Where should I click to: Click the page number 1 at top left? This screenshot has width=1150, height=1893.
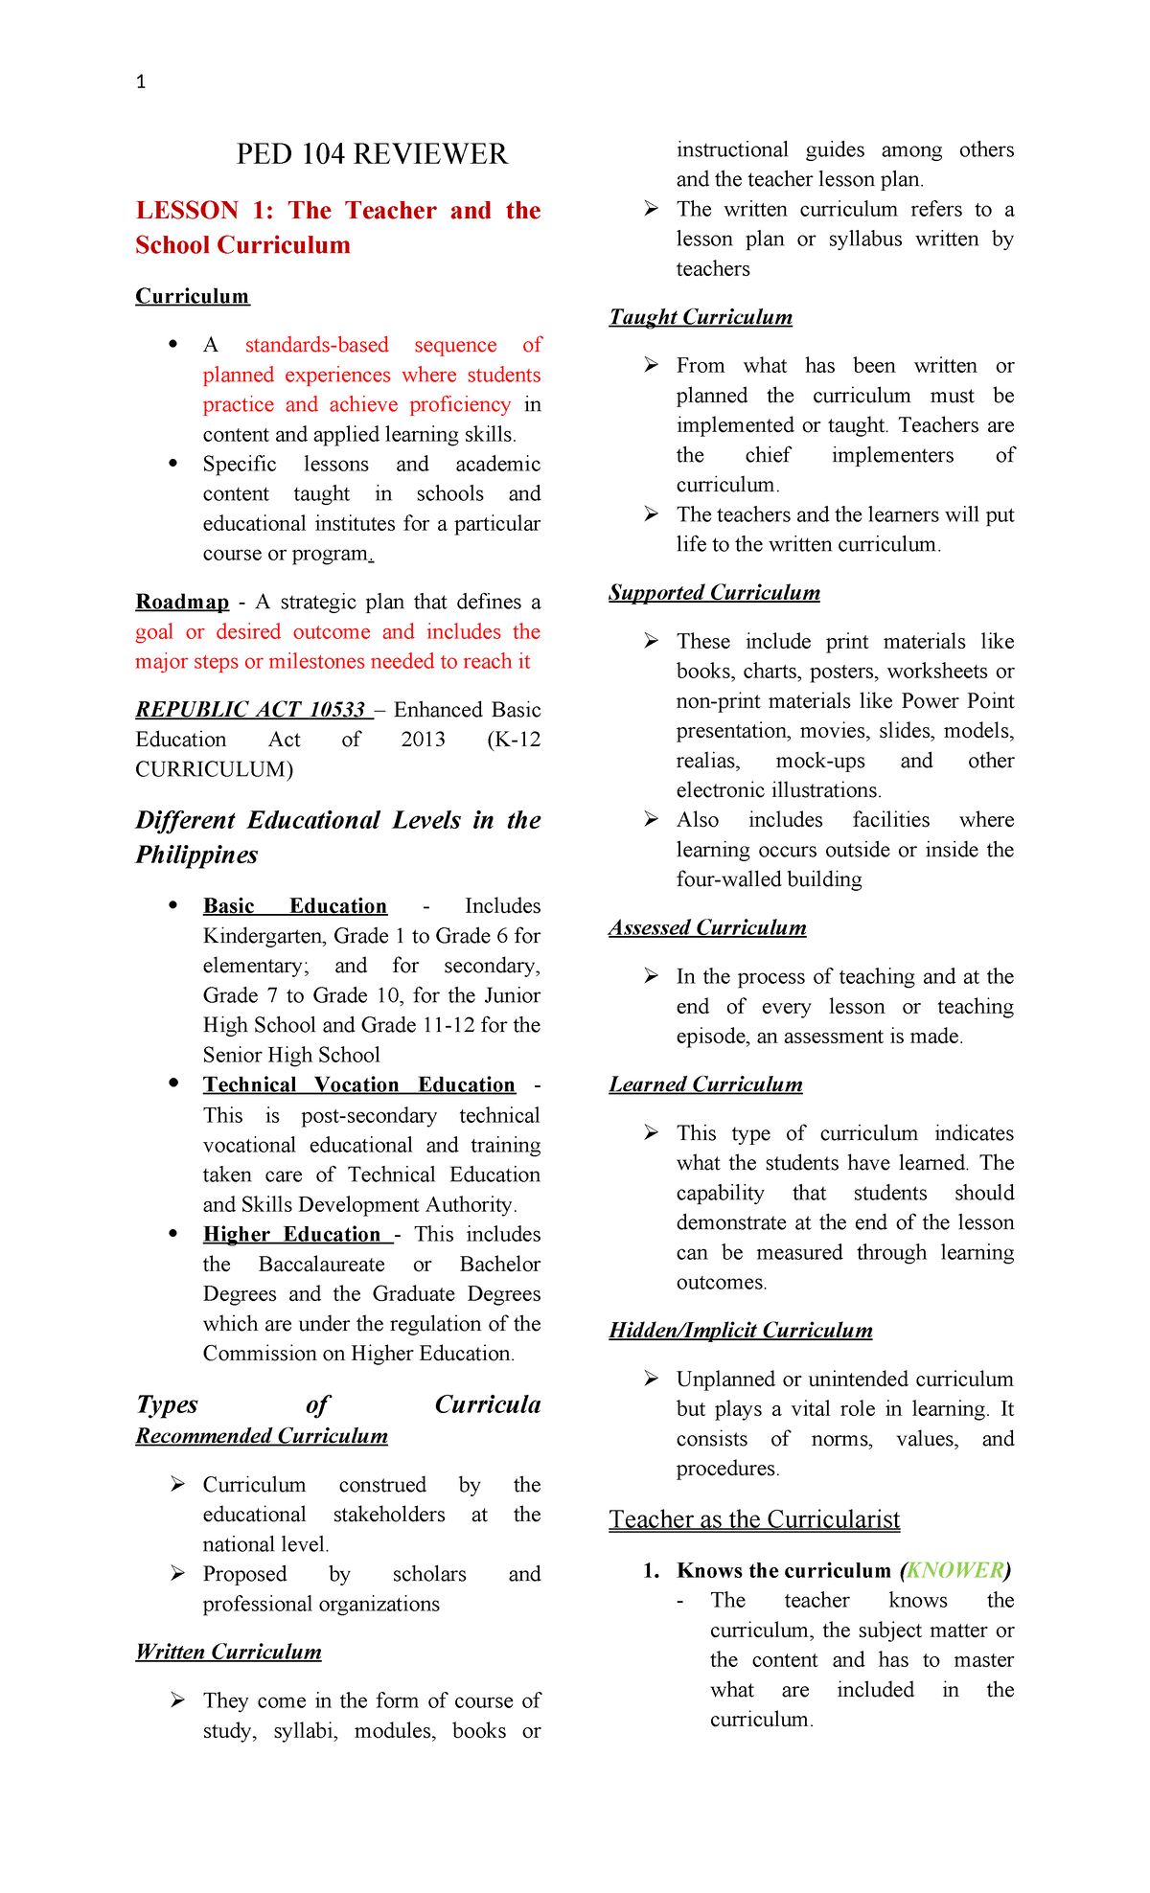141,82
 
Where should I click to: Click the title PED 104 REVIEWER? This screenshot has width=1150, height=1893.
372,154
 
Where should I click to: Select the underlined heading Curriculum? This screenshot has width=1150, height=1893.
193,296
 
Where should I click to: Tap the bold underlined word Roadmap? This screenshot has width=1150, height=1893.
182,602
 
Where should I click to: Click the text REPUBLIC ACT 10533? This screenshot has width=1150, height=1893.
251,710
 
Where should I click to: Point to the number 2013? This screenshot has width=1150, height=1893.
423,740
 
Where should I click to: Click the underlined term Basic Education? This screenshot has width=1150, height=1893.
294,906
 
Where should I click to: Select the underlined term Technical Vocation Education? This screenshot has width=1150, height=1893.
358,1084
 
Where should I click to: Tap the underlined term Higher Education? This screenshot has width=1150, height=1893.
292,1234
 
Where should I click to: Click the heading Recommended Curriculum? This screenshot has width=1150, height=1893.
262,1436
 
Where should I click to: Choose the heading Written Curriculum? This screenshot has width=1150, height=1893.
228,1652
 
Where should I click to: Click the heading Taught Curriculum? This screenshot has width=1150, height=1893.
701,317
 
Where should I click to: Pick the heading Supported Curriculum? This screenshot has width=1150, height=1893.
714,593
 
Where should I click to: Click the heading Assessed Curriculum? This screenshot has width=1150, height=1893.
707,927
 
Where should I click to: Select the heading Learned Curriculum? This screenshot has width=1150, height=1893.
705,1084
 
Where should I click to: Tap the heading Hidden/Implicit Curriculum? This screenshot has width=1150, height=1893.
740,1331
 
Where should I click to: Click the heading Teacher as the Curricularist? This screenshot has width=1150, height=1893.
754,1519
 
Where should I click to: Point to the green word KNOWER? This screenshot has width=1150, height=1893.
954,1570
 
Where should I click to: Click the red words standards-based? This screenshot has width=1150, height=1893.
316,345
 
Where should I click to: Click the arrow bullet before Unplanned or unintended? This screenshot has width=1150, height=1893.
651,1379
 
